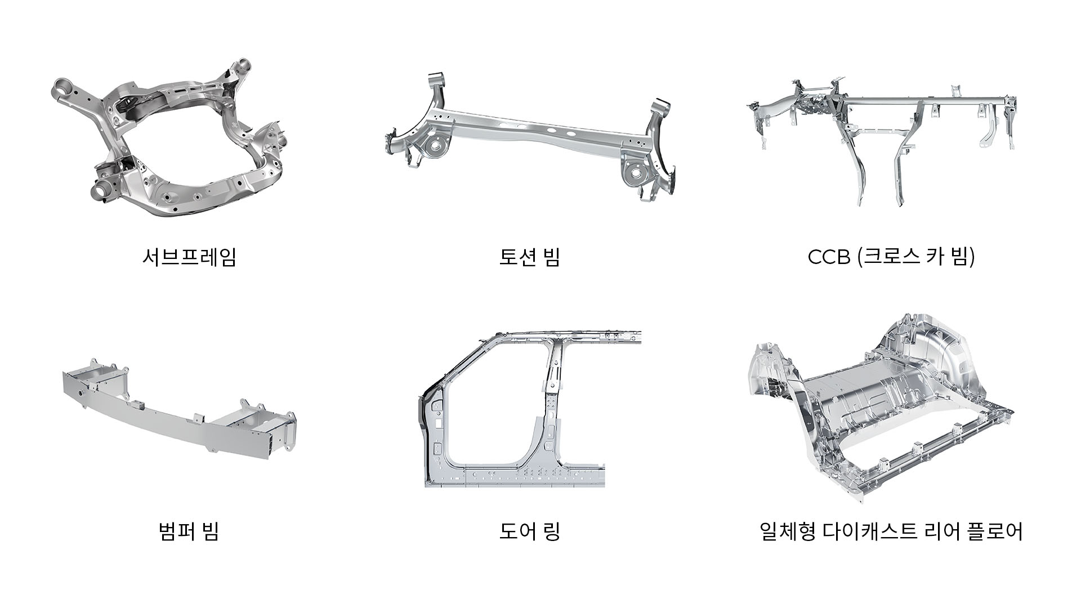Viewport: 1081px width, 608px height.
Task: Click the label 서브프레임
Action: (x=189, y=257)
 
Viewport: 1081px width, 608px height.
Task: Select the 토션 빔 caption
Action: (x=529, y=257)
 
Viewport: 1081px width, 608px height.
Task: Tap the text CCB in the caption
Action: (x=828, y=257)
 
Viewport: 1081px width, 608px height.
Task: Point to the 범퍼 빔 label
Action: (x=189, y=531)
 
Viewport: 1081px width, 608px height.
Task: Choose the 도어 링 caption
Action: (x=529, y=531)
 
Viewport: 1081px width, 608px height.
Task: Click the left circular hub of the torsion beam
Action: (x=434, y=145)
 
